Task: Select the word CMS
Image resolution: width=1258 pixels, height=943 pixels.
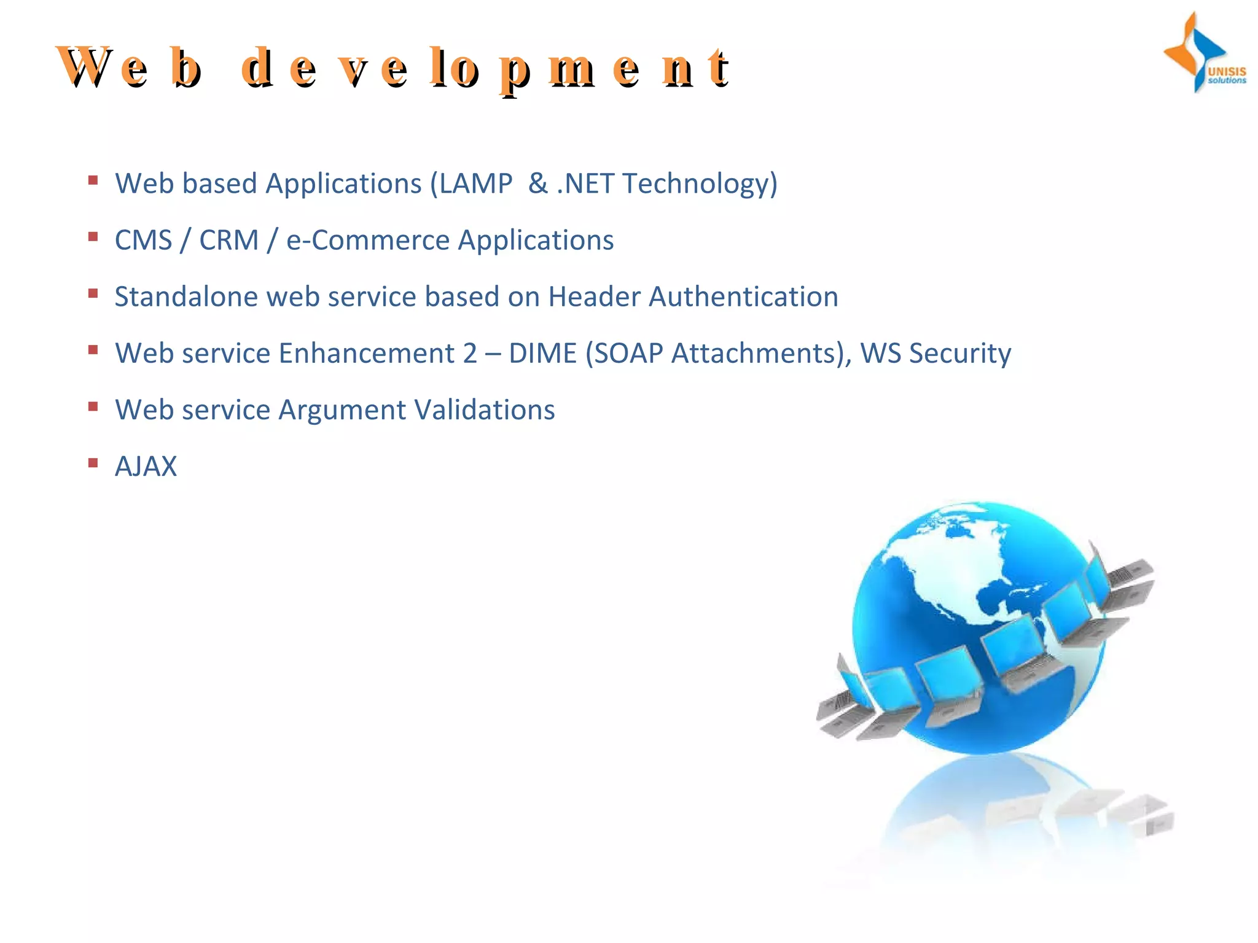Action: (143, 240)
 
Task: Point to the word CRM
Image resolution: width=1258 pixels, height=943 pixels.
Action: (229, 240)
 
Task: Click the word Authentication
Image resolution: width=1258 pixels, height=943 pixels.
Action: (743, 297)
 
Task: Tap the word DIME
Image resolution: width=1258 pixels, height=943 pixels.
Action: (542, 354)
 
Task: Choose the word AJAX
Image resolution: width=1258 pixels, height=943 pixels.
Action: (146, 467)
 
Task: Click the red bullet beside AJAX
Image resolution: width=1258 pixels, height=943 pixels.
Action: (93, 463)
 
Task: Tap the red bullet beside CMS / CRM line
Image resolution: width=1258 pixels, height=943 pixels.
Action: (93, 236)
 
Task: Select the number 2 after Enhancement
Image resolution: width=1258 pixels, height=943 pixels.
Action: (470, 354)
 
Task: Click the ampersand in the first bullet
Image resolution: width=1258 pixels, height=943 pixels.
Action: (537, 184)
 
